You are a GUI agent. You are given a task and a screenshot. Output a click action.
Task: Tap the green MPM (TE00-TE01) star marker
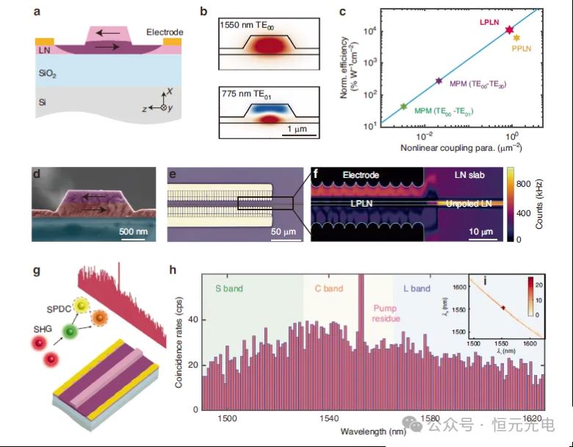tap(403, 107)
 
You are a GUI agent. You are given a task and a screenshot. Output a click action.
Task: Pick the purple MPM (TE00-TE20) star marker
tap(439, 81)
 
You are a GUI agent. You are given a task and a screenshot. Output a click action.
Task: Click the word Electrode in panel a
tap(165, 32)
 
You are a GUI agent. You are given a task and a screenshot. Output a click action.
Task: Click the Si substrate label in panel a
tap(43, 104)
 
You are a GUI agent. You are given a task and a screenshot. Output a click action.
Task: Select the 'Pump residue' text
tap(386, 314)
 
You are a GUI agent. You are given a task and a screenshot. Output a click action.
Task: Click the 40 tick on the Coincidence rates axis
tap(193, 321)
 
